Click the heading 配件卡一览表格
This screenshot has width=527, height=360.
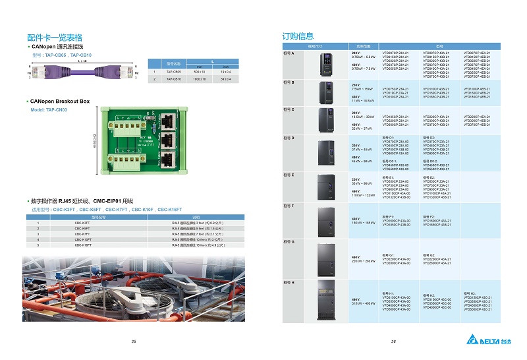(x=55, y=38)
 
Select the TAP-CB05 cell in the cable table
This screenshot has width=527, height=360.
(x=174, y=71)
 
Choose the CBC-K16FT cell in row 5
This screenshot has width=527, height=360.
(x=82, y=245)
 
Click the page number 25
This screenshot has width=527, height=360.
(x=134, y=341)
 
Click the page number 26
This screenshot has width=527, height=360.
(x=393, y=341)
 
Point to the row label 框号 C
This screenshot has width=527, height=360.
(x=289, y=109)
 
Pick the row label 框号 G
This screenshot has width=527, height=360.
(x=289, y=243)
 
